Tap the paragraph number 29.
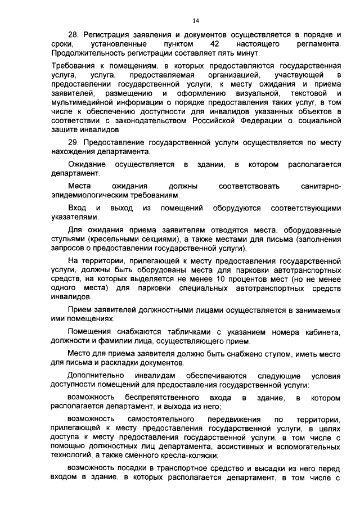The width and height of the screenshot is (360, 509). (x=72, y=143)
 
